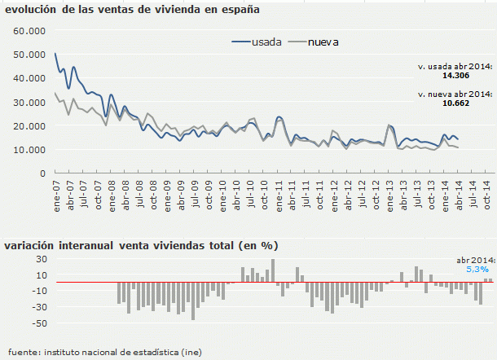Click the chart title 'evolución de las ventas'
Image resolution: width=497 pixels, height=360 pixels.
132,11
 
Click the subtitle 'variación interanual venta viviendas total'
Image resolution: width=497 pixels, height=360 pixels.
141,244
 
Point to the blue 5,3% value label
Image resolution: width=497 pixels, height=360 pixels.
477,269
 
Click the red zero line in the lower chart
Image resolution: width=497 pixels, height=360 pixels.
244,283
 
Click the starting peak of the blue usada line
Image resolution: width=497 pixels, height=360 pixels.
55,54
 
